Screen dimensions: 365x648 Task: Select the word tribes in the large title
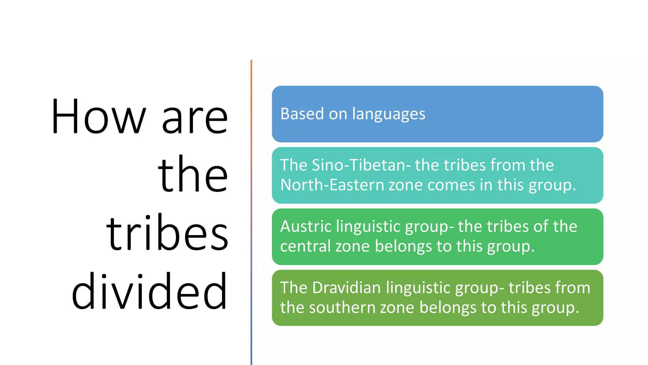click(x=167, y=233)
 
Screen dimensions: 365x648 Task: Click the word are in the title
click(x=195, y=120)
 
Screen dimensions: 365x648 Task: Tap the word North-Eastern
click(x=332, y=185)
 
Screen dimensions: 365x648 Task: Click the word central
click(x=306, y=247)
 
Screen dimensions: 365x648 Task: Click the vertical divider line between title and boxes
click(x=251, y=212)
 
